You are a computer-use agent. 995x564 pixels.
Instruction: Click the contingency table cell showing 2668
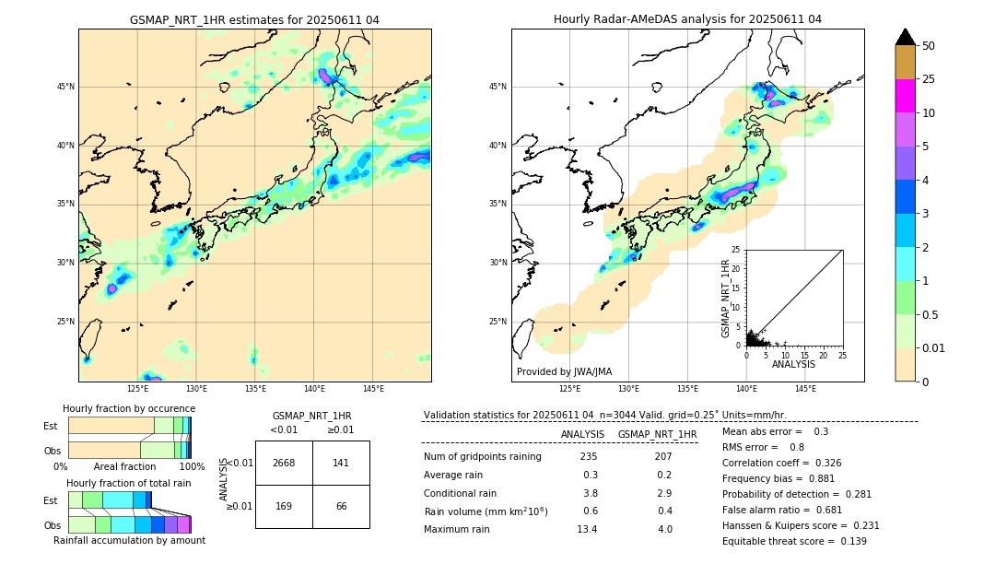[x=284, y=463]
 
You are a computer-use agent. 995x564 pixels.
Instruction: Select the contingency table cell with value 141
[x=341, y=463]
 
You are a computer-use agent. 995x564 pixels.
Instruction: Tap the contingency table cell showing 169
[x=284, y=506]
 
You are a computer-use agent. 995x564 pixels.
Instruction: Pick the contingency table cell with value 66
[x=341, y=506]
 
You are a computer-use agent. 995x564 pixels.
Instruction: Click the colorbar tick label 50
[x=929, y=46]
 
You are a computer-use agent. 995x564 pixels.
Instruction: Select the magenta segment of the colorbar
[x=905, y=96]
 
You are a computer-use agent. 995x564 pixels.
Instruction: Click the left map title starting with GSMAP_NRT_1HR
[x=254, y=20]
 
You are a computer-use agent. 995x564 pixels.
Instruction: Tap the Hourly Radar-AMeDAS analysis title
[x=687, y=20]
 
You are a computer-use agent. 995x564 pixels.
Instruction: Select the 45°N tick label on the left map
[x=65, y=87]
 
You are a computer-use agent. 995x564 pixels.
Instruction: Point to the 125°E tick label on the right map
[x=570, y=390]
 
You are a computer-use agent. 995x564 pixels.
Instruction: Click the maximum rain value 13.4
[x=587, y=529]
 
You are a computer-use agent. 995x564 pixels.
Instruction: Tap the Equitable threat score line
[x=794, y=541]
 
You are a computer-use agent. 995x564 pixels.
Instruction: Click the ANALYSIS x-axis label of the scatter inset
[x=793, y=365]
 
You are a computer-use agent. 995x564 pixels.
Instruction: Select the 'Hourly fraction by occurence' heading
[x=129, y=408]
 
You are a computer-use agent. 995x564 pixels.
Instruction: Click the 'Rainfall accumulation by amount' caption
[x=129, y=540]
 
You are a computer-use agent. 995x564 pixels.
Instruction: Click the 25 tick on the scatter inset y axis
[x=735, y=250]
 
